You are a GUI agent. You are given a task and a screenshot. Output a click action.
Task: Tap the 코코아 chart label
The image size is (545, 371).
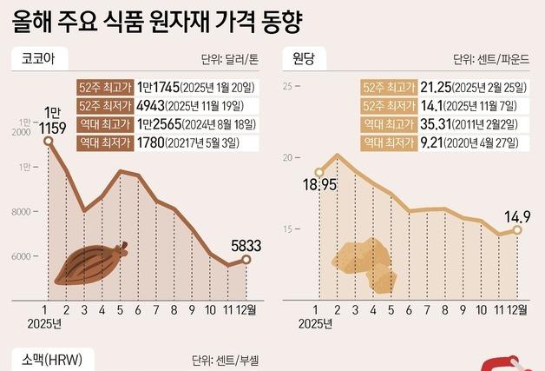point(39,60)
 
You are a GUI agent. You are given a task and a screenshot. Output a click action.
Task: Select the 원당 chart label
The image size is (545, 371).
point(304,60)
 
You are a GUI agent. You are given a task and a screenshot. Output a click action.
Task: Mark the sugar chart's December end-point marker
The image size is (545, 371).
point(517,230)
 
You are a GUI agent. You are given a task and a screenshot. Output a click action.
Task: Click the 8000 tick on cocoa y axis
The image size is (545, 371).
point(21,212)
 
